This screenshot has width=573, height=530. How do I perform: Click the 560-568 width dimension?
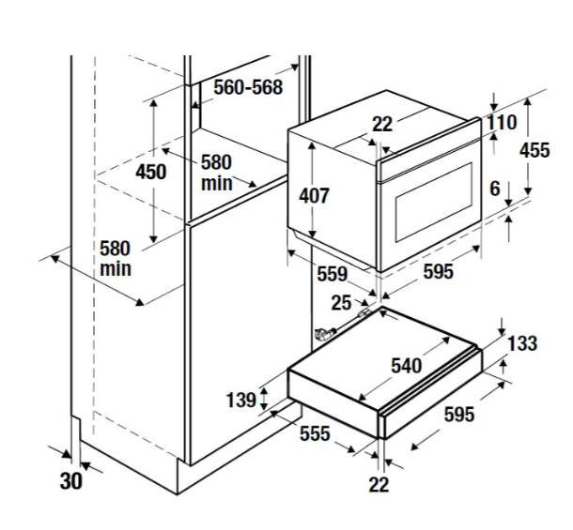(x=248, y=86)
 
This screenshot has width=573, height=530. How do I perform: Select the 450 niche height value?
(x=150, y=172)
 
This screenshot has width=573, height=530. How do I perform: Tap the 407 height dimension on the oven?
(x=314, y=196)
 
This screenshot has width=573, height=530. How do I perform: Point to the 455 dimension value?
(x=534, y=150)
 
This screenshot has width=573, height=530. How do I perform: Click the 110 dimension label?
(x=501, y=123)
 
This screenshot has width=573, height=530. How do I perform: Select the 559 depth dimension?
(x=332, y=274)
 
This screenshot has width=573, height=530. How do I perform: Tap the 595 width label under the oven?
(x=439, y=272)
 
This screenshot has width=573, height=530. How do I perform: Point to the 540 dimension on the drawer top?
(x=407, y=365)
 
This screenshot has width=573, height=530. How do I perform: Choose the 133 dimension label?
(x=522, y=343)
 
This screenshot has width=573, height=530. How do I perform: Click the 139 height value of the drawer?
(x=241, y=400)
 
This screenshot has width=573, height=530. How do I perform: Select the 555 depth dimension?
(x=315, y=432)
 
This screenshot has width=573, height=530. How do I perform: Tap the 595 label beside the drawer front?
(x=458, y=414)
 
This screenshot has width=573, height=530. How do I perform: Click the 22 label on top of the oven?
(x=381, y=124)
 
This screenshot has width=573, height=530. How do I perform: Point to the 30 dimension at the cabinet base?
(x=71, y=481)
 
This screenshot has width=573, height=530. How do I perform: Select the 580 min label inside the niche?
(x=217, y=173)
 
